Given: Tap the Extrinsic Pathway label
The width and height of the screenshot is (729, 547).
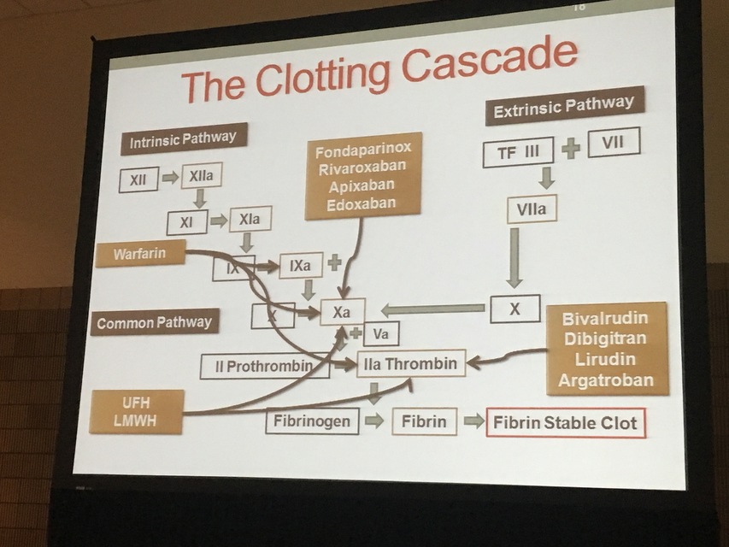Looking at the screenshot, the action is tap(565, 105).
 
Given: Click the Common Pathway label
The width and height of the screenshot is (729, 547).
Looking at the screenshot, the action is tap(155, 323).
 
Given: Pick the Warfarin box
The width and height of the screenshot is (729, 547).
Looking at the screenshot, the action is tap(140, 253).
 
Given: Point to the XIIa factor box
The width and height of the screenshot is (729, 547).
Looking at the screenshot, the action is tap(202, 175).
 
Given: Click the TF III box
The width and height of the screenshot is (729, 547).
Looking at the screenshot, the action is tap(518, 152).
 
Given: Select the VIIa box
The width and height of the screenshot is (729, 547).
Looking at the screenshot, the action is tap(532, 208).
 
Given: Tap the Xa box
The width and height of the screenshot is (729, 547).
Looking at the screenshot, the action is tap(342, 313).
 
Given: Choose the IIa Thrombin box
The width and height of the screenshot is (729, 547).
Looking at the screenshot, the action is tap(411, 363).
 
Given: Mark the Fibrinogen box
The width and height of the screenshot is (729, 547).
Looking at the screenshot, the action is tap(312, 421).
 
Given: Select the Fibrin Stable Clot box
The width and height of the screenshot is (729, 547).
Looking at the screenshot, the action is tap(565, 422).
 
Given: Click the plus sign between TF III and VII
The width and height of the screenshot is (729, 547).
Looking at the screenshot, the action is tap(570, 148).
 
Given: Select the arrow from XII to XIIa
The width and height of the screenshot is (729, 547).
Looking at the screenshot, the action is tap(170, 178).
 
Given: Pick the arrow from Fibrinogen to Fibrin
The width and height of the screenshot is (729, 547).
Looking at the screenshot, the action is tap(374, 421).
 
